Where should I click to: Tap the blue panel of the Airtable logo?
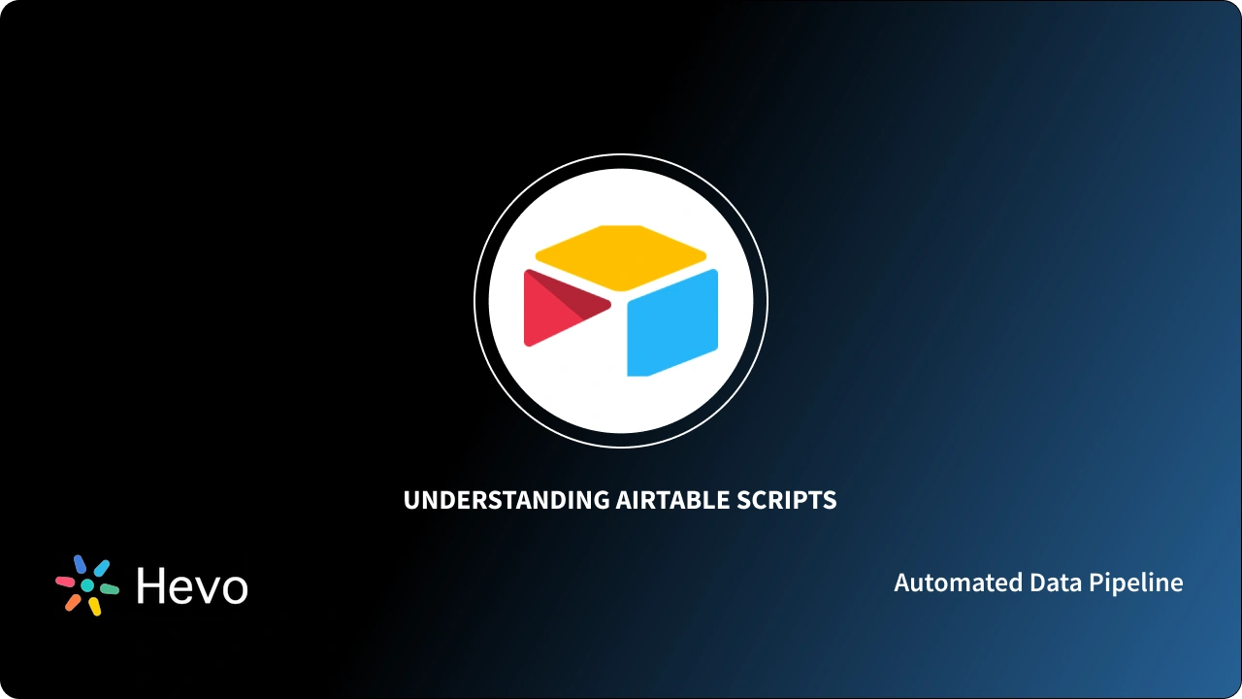click(672, 322)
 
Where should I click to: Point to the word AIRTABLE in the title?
click(672, 500)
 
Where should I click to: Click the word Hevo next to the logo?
click(192, 586)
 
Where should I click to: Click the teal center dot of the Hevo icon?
click(87, 585)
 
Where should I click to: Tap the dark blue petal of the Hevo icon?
click(80, 564)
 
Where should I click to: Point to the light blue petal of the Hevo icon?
click(101, 568)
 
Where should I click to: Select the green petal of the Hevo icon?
click(110, 588)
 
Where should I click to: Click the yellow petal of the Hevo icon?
click(95, 607)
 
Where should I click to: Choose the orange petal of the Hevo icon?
click(73, 603)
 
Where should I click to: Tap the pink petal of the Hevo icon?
click(65, 582)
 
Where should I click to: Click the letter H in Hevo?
click(151, 586)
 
